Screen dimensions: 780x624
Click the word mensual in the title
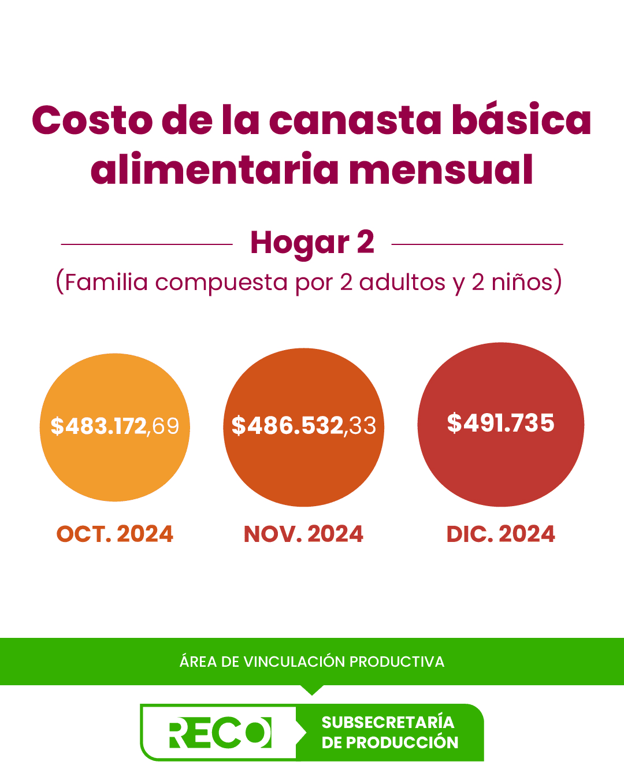tap(441, 170)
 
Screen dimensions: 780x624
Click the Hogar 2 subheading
tap(312, 243)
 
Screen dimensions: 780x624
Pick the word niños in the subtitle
tap(522, 283)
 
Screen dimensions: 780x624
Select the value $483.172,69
tap(115, 426)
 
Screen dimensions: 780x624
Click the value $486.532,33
tap(304, 426)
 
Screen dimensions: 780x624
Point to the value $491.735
tap(501, 423)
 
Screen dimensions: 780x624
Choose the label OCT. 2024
tap(115, 534)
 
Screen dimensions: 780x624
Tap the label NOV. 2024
tap(304, 534)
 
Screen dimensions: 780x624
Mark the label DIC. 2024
tap(501, 534)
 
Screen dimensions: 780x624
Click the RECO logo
tap(220, 733)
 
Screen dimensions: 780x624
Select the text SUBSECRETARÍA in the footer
tap(388, 722)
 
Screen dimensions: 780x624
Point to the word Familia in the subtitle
tap(106, 283)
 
